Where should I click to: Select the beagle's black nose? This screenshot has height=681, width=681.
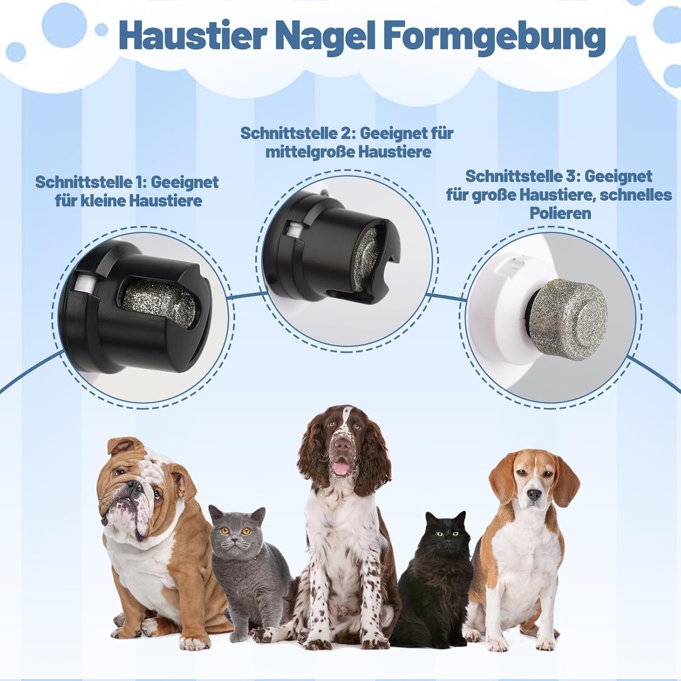(534, 493)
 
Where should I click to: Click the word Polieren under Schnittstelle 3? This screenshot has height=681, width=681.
(560, 213)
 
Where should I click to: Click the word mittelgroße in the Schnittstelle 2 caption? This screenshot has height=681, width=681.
(309, 152)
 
